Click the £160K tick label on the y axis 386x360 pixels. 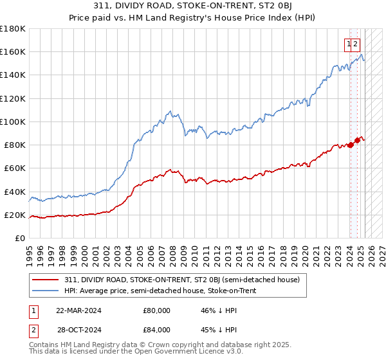(13, 52)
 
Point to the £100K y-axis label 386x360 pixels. (13, 122)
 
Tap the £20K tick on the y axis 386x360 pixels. (15, 215)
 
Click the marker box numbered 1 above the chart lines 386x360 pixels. (349, 44)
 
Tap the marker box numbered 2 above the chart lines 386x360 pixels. (356, 44)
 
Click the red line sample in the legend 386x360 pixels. (46, 279)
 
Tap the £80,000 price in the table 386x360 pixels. (156, 310)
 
